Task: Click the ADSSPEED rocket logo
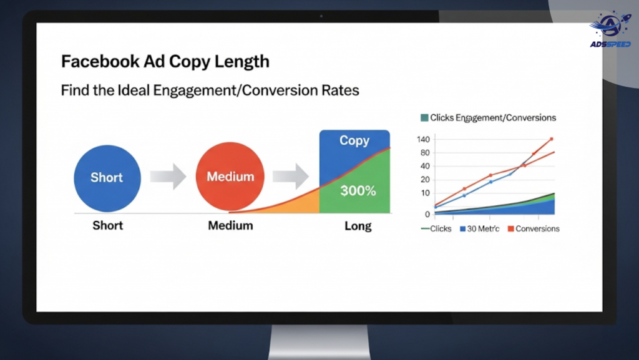click(x=610, y=30)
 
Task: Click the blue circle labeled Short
click(x=107, y=178)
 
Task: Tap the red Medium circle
click(x=230, y=177)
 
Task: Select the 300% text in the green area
click(x=358, y=190)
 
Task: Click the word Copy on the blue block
click(x=354, y=140)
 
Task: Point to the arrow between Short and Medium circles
click(x=168, y=177)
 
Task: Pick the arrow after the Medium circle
click(x=291, y=177)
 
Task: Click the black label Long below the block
click(x=358, y=226)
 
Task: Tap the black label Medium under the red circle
click(x=230, y=226)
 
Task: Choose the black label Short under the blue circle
click(x=107, y=226)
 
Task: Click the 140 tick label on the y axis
click(x=423, y=140)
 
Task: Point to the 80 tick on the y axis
click(x=425, y=153)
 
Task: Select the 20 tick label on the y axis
click(x=425, y=180)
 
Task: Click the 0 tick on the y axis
click(x=427, y=214)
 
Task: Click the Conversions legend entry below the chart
click(x=534, y=229)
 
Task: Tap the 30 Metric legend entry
click(x=480, y=229)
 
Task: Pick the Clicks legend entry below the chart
click(x=436, y=229)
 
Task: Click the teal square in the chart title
click(x=424, y=118)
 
